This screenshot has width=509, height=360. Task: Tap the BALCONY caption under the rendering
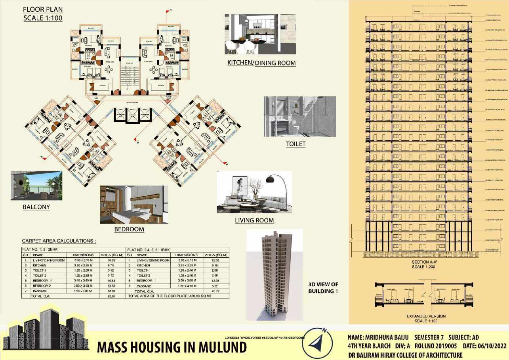click(36, 207)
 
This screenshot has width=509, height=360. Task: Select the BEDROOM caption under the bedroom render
click(129, 229)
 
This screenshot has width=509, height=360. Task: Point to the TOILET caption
click(296, 144)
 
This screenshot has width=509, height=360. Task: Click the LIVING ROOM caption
click(254, 220)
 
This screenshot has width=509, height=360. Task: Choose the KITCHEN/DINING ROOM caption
click(261, 63)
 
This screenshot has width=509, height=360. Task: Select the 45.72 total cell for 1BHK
click(215, 291)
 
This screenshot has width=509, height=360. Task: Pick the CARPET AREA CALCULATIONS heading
click(59, 241)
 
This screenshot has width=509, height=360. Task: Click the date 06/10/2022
click(490, 346)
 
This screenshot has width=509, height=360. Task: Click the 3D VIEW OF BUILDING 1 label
click(323, 288)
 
